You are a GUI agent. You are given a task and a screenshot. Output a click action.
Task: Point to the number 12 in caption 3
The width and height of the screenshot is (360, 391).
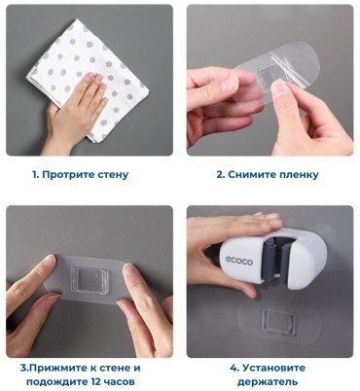(x=94, y=382)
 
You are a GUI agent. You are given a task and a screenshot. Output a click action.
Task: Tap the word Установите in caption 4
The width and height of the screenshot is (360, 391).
(x=273, y=368)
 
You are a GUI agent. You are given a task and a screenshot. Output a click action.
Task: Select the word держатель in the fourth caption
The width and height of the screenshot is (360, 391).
(x=268, y=382)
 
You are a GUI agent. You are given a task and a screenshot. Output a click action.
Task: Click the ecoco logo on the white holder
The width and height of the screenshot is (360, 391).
(x=239, y=261)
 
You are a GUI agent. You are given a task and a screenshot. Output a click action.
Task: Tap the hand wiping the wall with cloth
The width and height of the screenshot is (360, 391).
(x=76, y=110)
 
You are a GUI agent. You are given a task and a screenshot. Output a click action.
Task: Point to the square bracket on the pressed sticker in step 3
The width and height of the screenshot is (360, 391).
(x=90, y=279)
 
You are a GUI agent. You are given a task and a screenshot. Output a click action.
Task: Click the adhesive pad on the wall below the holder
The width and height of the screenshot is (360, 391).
(x=277, y=319)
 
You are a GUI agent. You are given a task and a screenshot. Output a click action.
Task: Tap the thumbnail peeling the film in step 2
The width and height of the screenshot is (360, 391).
(x=279, y=89)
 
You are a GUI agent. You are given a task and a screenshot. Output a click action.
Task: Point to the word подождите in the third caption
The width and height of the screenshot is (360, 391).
(x=55, y=382)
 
